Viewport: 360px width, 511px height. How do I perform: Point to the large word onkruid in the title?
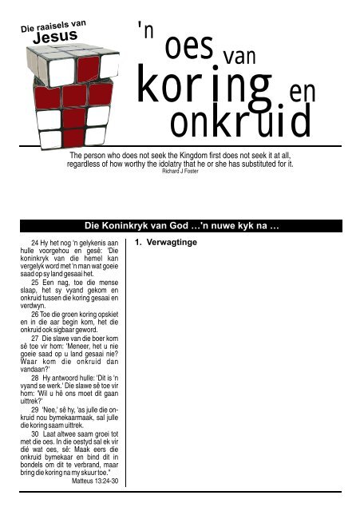pyautogui.click(x=240, y=123)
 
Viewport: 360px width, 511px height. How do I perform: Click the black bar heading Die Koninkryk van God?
pyautogui.click(x=180, y=227)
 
